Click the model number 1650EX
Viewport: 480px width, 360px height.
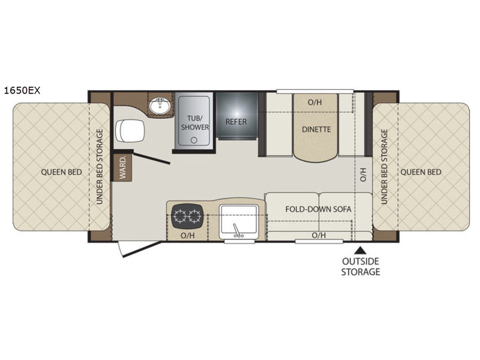pos(22,91)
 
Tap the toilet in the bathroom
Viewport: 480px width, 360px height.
pos(130,131)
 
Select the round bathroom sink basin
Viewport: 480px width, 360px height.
pos(160,106)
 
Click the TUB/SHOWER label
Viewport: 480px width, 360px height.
pos(194,122)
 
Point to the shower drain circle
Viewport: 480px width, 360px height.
pos(194,140)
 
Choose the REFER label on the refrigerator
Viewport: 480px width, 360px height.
pos(236,122)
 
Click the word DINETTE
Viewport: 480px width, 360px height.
pos(316,129)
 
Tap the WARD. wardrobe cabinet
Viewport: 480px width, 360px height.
pos(122,167)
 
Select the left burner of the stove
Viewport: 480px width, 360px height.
pos(179,216)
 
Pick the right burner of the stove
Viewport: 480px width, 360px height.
pos(194,216)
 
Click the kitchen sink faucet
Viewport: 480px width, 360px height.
pos(237,231)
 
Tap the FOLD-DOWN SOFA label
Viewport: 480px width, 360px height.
pos(318,209)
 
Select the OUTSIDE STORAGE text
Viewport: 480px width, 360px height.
pos(361,266)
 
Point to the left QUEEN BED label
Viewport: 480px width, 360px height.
pos(62,172)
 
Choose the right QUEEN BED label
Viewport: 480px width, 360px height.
pos(421,172)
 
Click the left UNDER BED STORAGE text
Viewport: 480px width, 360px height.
pos(100,167)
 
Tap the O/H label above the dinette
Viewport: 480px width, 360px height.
pos(314,102)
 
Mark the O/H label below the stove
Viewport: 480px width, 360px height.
pos(187,235)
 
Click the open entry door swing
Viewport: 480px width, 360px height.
pos(139,249)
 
